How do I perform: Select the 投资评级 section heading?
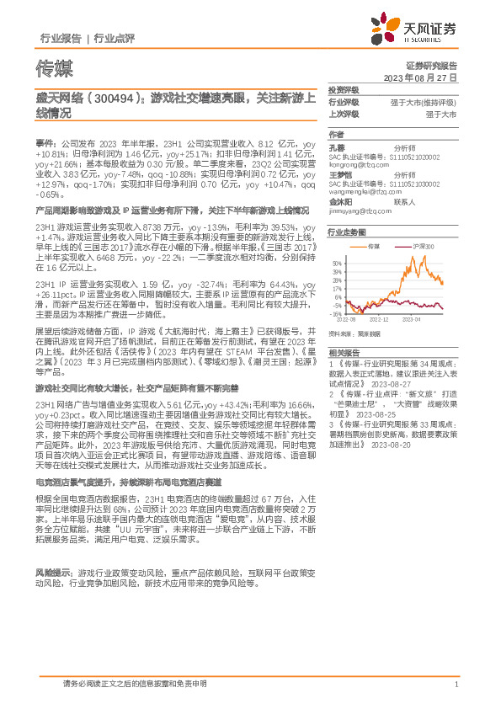pyautogui.click(x=344, y=89)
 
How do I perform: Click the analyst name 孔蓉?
pyautogui.click(x=337, y=147)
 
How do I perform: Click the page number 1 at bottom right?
pyautogui.click(x=456, y=685)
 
